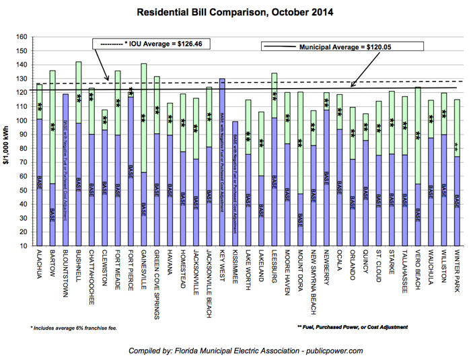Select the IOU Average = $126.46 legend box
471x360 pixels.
click(141, 44)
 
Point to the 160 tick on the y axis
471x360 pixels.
click(22, 37)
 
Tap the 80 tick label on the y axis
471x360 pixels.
click(24, 149)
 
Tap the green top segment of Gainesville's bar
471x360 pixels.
click(143, 118)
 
